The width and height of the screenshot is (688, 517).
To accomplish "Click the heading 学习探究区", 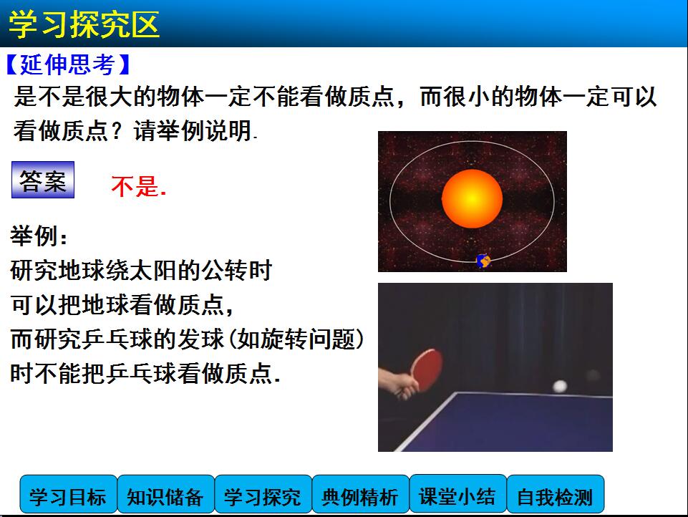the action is click(84, 24).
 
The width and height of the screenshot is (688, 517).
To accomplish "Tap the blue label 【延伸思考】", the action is click(69, 64).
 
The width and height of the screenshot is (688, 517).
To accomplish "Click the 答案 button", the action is click(43, 180).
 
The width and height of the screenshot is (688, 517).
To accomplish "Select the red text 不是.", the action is click(138, 186).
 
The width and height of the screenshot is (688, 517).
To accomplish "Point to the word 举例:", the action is click(39, 236).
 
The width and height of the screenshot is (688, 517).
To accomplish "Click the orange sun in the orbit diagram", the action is click(472, 199).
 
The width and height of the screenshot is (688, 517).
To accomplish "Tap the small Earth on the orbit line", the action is click(483, 261).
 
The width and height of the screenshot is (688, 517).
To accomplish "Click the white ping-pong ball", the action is click(560, 386).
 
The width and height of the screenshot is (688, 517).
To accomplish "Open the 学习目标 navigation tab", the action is click(69, 494).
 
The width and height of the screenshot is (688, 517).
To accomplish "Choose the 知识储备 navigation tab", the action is click(166, 494).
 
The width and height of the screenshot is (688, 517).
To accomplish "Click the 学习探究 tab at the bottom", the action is click(263, 494).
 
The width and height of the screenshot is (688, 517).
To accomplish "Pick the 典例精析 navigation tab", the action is click(361, 494).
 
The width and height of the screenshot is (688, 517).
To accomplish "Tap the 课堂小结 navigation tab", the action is click(458, 494).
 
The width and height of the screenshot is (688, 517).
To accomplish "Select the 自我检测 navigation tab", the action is click(556, 494).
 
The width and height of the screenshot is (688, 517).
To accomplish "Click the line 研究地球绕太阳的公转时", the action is click(141, 270).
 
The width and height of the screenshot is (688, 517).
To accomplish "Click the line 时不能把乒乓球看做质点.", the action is click(145, 374).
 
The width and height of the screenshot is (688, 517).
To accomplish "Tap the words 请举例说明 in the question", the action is click(193, 130).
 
